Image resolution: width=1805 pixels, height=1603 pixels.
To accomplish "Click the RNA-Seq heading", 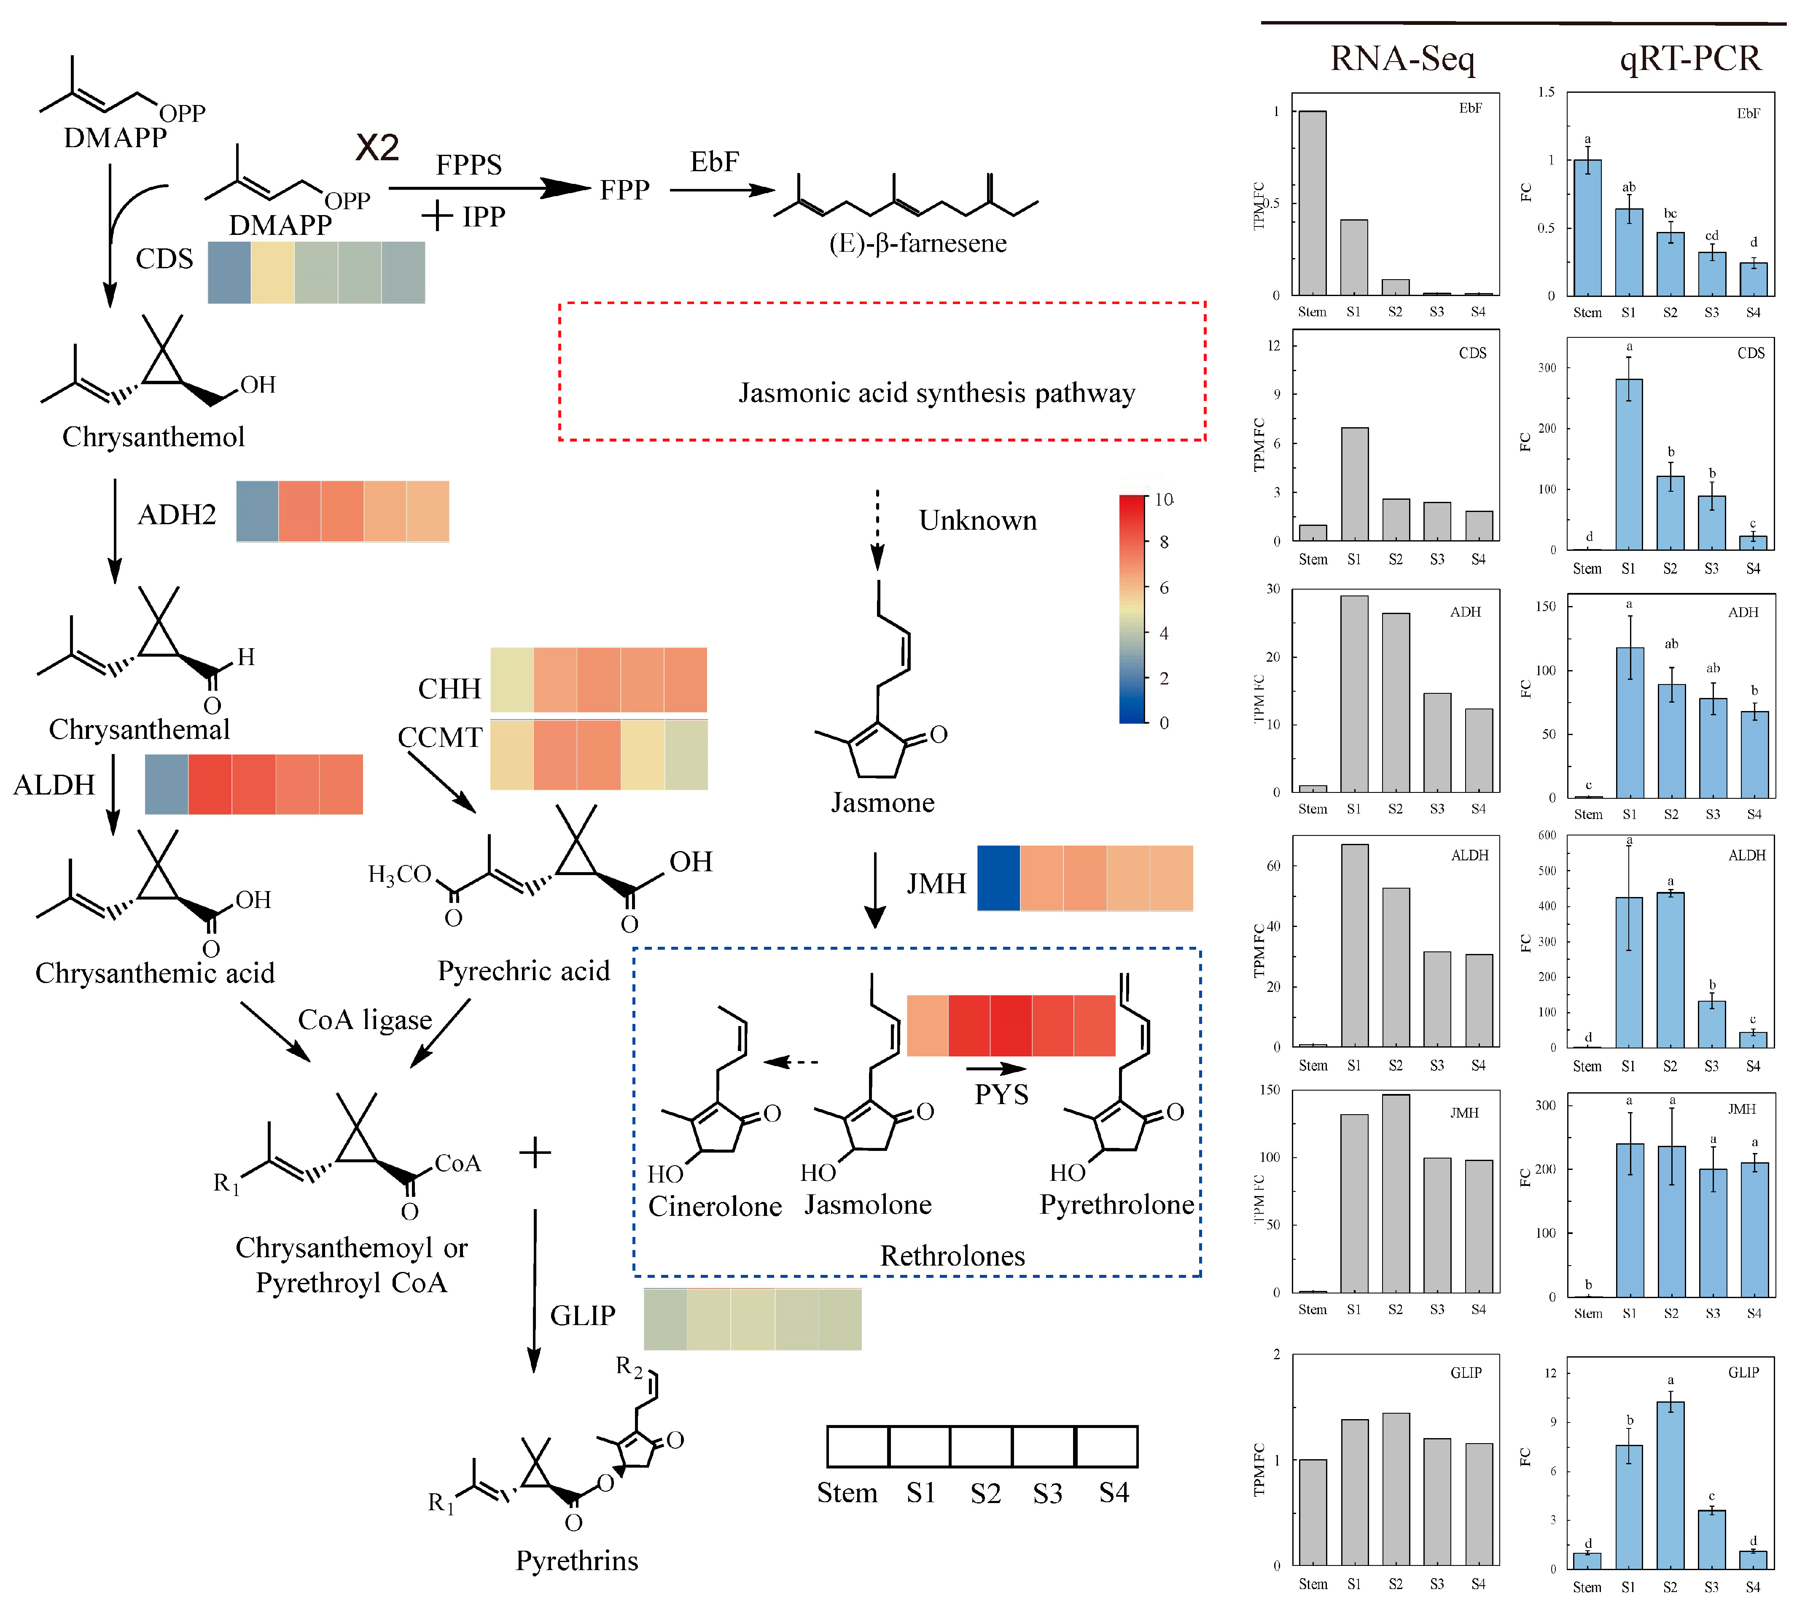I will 1402,58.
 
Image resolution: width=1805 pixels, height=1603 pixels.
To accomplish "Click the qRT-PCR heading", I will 1689,58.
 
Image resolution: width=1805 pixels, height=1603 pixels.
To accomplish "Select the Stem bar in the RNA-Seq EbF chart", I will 1312,203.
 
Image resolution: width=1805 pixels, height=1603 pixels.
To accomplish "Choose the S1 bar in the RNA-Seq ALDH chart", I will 1354,945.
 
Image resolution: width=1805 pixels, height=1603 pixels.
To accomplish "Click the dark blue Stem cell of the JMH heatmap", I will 998,878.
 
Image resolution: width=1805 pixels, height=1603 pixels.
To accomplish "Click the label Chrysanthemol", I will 153,436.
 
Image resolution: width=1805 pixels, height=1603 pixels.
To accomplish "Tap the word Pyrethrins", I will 577,1560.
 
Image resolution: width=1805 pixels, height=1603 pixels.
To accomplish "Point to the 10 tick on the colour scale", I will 1164,500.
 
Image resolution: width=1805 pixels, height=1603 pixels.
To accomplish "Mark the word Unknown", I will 978,520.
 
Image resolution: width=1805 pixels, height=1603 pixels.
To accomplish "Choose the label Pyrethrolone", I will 1116,1205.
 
